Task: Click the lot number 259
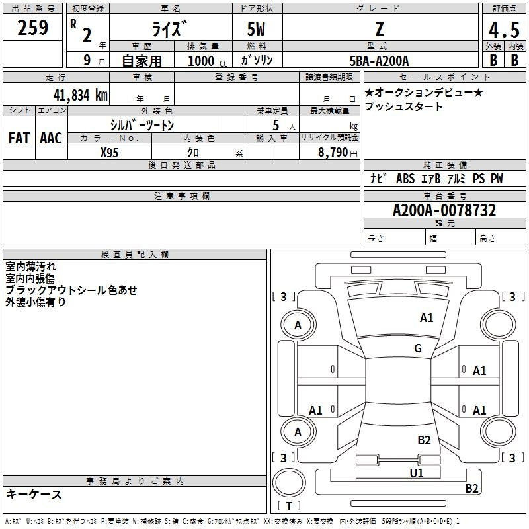32,28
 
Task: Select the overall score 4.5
504,30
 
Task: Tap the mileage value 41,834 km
80,95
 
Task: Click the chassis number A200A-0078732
444,210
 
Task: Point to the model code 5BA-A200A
379,61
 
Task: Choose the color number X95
109,153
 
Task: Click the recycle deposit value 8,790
333,153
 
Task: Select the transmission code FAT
19,138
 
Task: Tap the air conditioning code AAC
51,138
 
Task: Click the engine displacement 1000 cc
208,61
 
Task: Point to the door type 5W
256,29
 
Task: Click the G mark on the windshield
418,348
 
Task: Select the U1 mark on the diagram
417,473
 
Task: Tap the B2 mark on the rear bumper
471,488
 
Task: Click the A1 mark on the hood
427,318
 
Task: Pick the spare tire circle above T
289,483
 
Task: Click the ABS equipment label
405,179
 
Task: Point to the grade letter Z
380,29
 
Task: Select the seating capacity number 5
276,125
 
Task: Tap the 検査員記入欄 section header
135,255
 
